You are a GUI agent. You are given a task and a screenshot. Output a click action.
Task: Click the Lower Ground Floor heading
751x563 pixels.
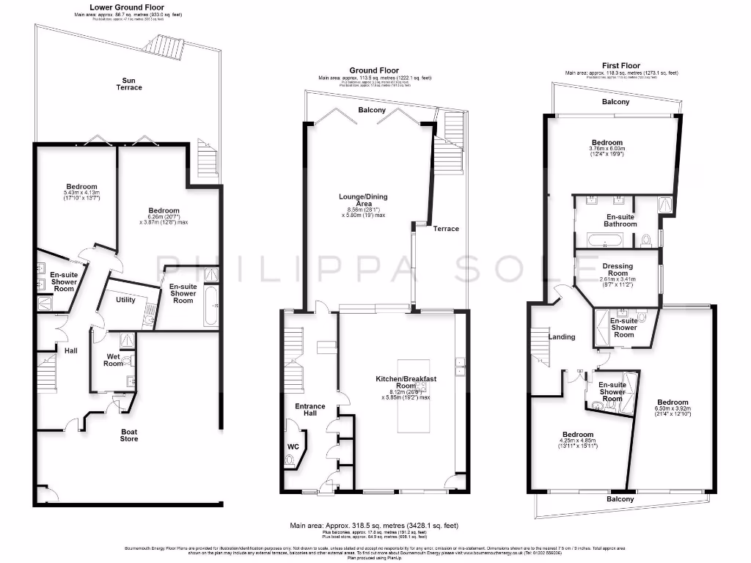tap(128, 7)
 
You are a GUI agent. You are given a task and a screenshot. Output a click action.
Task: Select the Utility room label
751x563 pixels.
tap(126, 300)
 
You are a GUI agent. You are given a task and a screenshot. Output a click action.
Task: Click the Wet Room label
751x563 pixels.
tap(113, 359)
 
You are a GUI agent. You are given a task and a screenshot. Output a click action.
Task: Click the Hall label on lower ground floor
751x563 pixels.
tap(70, 351)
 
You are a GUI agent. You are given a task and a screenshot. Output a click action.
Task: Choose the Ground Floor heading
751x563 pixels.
tap(374, 70)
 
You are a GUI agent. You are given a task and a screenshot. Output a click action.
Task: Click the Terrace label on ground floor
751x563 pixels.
tap(445, 229)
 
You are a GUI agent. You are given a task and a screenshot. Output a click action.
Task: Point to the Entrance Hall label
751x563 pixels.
tap(304, 410)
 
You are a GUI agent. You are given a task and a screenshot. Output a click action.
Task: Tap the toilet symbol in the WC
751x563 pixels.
tap(290, 460)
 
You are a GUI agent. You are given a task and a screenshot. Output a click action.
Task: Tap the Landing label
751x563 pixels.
tap(562, 337)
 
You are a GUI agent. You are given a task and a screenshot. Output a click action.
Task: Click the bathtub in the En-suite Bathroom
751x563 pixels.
tap(604, 239)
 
